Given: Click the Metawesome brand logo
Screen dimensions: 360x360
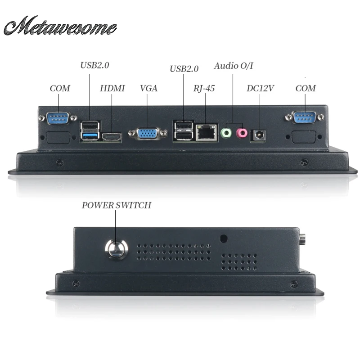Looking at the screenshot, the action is coord(60,26).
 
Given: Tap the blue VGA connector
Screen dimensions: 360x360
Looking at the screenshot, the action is coord(148,134).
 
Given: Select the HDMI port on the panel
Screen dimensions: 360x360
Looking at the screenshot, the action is coord(112,137).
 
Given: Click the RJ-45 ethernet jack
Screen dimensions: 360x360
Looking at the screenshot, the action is coord(207,132).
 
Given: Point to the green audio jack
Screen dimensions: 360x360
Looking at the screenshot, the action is coord(226,133).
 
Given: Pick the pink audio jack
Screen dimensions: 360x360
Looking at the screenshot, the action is coord(242,133).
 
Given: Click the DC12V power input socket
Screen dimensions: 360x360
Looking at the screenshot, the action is coord(258,136).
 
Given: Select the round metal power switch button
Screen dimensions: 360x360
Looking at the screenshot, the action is coord(117,249).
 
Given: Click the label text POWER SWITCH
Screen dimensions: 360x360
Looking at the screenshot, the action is coord(117,205).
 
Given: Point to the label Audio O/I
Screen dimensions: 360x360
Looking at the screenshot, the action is coord(234,66).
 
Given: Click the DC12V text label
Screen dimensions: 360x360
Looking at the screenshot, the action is coord(260,88).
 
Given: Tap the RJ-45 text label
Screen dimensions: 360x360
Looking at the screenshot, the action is coord(204,88).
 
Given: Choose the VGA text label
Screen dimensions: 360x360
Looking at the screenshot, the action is coord(149,88).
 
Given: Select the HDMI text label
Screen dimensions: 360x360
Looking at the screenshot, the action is coord(112,88).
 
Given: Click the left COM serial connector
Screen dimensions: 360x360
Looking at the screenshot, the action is coord(58,118).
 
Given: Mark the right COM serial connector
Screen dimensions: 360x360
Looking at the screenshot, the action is coord(305,117).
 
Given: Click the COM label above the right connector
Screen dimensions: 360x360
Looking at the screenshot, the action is coord(306,88).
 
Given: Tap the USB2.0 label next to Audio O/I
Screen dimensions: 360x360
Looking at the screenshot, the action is coord(184,69).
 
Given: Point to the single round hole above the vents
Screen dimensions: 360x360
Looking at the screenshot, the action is coord(224,238).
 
